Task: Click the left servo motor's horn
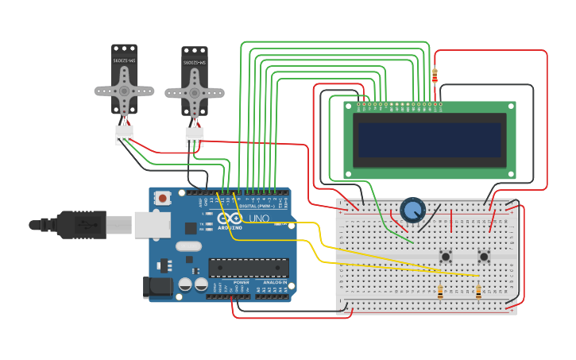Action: [124, 91]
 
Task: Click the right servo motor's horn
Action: [194, 92]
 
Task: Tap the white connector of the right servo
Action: [195, 135]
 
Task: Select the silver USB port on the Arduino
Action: [153, 225]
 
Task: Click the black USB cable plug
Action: [79, 225]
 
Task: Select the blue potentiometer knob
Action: [412, 210]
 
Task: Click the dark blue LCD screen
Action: [430, 140]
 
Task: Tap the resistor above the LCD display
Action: [434, 75]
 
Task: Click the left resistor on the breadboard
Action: [441, 292]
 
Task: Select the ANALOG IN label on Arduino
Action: [275, 282]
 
